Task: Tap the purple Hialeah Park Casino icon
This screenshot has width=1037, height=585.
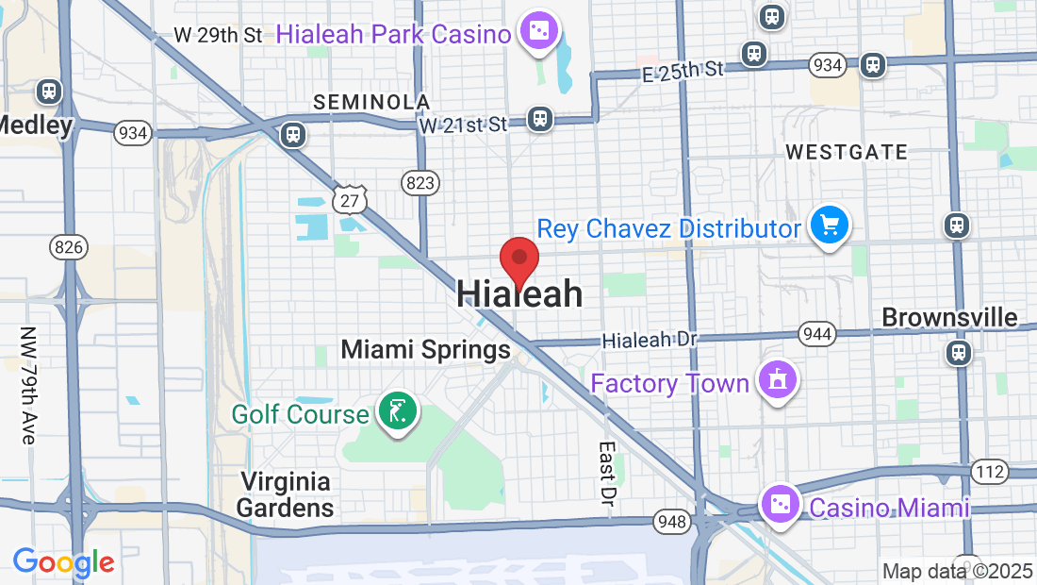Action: point(540,33)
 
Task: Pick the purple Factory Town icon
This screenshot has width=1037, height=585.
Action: point(777,381)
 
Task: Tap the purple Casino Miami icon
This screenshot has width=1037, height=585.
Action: point(781,507)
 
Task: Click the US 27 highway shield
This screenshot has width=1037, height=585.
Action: point(349,199)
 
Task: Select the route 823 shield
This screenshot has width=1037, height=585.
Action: point(419,182)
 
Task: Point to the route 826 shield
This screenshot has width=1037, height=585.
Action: point(69,248)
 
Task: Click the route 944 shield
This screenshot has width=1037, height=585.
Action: point(816,333)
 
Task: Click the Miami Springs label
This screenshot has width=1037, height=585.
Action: point(425,350)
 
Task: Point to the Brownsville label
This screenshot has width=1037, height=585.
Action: point(949,317)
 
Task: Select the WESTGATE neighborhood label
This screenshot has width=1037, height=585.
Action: point(846,152)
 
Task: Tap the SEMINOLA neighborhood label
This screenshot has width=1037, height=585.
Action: point(371,102)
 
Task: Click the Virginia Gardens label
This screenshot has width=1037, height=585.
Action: point(285,494)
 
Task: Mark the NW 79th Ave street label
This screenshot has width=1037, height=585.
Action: point(27,386)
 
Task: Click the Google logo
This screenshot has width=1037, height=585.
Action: point(63,562)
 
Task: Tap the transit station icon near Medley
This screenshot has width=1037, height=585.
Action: point(49,92)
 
